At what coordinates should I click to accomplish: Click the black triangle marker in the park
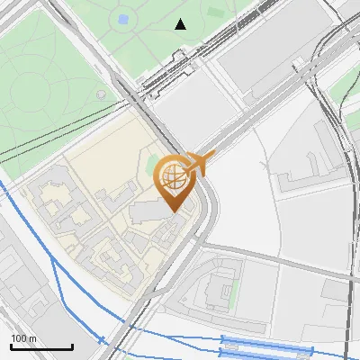coord(181,24)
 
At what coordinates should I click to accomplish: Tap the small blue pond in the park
coord(123,19)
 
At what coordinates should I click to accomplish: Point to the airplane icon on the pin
coord(200,163)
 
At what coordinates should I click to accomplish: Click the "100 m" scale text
coord(23,338)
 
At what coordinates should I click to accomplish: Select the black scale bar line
coord(41,346)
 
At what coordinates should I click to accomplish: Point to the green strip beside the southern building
coord(237,290)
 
